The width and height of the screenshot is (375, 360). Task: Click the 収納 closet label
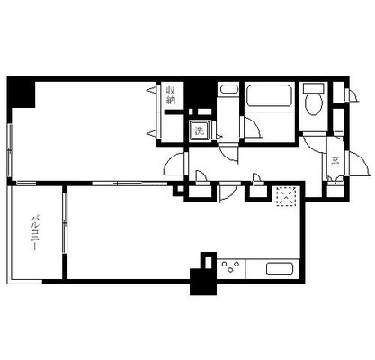(171, 94)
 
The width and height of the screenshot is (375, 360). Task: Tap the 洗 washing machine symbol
(200, 131)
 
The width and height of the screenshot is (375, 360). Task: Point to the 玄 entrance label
(335, 161)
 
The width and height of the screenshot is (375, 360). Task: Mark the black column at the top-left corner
(20, 91)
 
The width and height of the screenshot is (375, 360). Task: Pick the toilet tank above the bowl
(313, 88)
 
